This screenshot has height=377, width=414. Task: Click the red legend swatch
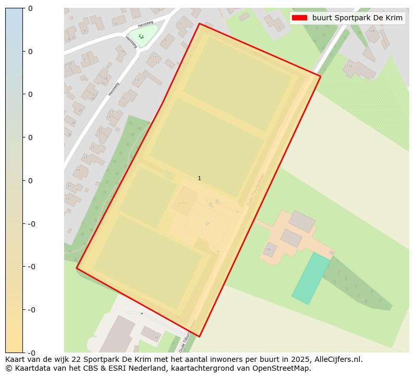pyautogui.click(x=299, y=18)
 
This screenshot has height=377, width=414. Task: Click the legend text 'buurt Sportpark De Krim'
pyautogui.click(x=357, y=18)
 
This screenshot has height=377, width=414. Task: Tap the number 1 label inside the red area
pyautogui.click(x=199, y=178)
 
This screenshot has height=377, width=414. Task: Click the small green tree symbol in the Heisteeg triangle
pyautogui.click(x=141, y=36)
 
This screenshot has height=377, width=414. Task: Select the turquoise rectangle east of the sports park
pyautogui.click(x=310, y=278)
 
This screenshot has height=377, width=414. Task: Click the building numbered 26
pyautogui.click(x=269, y=249)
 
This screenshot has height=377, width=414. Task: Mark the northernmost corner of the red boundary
pyautogui.click(x=199, y=23)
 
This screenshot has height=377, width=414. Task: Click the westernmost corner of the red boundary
pyautogui.click(x=77, y=268)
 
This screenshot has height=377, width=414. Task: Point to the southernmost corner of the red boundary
pyautogui.click(x=199, y=337)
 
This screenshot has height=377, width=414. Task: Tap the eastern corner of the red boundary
pyautogui.click(x=320, y=77)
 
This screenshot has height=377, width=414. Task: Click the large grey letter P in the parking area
pyautogui.click(x=207, y=224)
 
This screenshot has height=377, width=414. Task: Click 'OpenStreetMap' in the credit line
pyautogui.click(x=285, y=368)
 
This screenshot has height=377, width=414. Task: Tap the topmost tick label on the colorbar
pyautogui.click(x=30, y=8)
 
